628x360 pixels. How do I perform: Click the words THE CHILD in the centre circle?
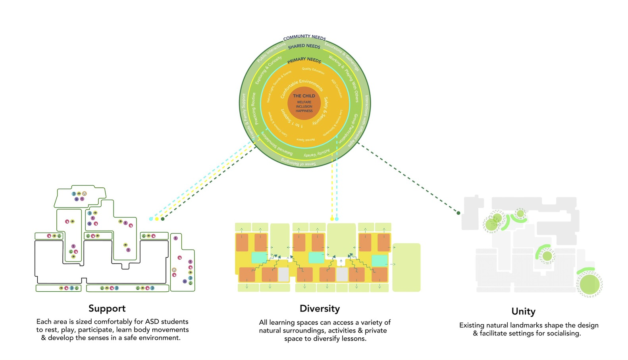(x=304, y=96)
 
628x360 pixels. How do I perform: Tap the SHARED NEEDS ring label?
(x=304, y=46)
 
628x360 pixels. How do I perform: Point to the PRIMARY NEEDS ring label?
(x=304, y=60)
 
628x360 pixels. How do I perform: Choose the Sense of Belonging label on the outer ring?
(x=299, y=163)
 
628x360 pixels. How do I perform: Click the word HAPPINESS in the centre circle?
(x=304, y=111)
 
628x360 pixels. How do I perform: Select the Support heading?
(x=107, y=308)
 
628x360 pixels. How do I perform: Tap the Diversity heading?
(x=320, y=308)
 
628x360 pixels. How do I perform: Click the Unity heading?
(x=523, y=312)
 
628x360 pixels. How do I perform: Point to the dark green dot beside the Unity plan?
(x=458, y=213)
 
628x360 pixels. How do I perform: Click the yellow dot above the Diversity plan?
(x=332, y=219)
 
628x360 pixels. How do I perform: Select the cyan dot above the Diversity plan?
(x=337, y=219)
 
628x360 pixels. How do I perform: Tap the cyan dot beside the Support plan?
(x=151, y=219)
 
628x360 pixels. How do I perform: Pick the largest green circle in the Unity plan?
(x=589, y=285)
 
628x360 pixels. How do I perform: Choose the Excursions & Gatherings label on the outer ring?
(x=342, y=57)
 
